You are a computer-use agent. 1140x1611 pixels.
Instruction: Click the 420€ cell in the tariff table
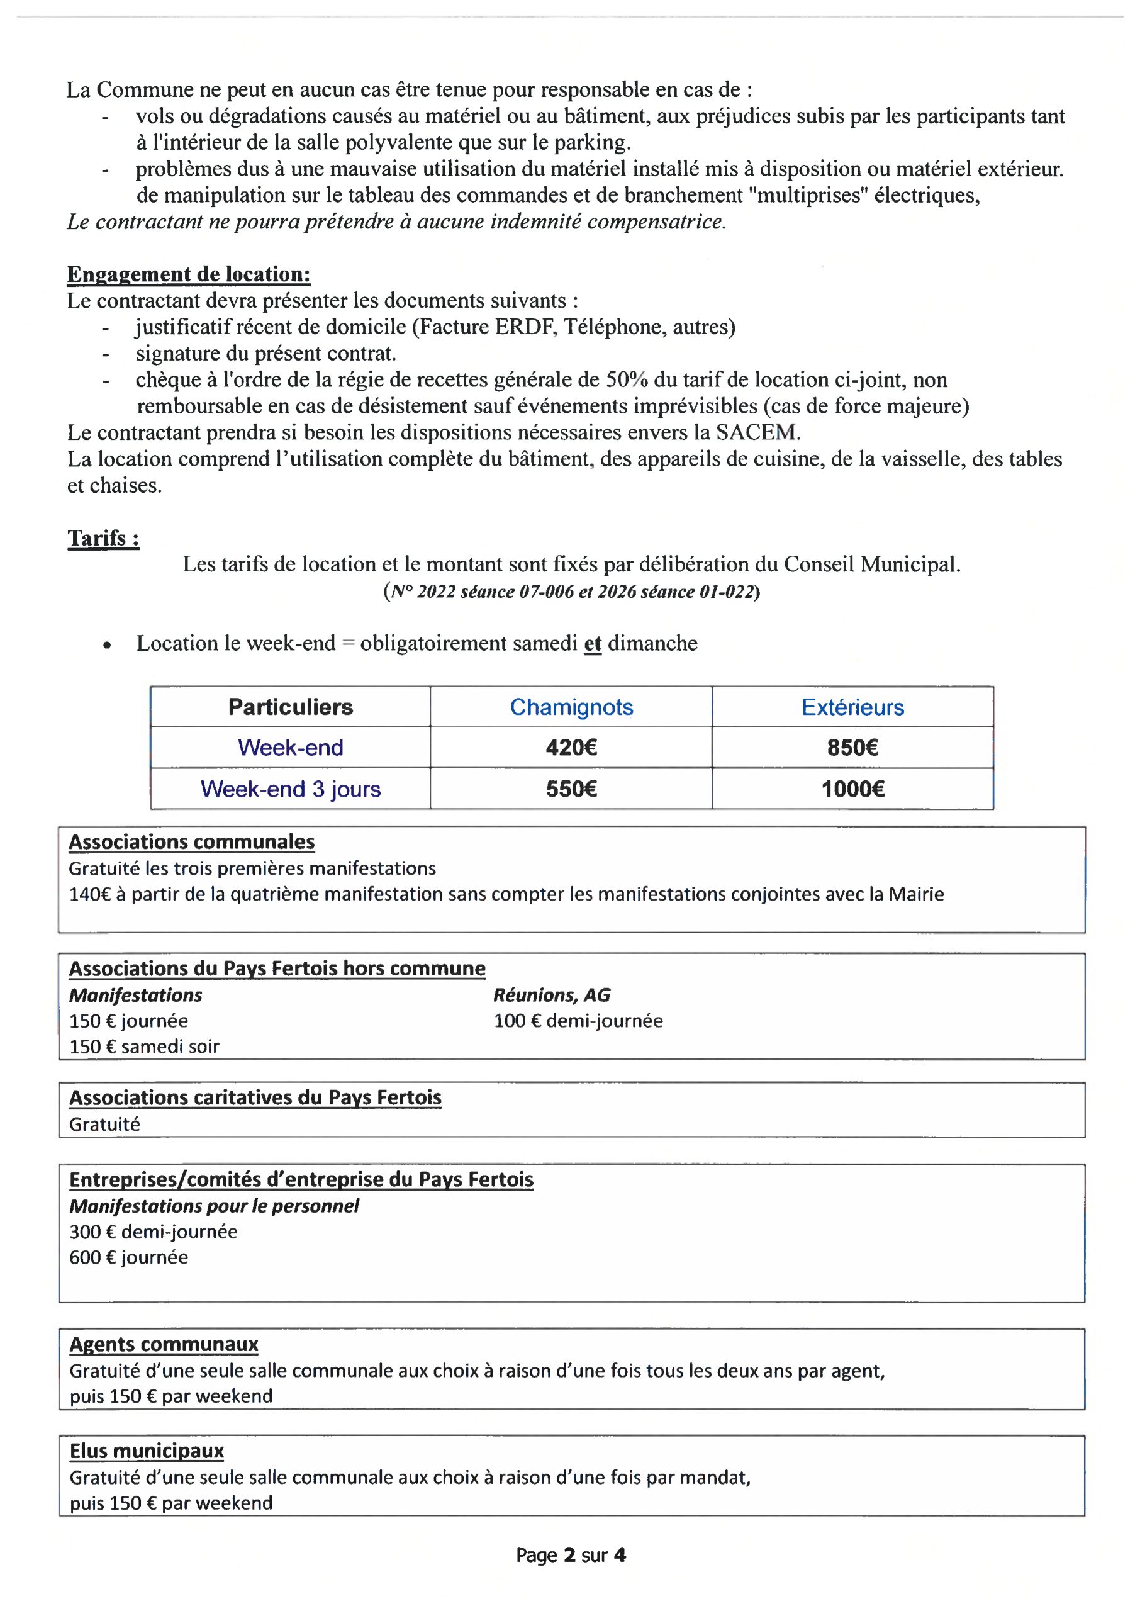(571, 747)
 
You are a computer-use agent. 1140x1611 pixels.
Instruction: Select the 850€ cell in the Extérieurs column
(852, 747)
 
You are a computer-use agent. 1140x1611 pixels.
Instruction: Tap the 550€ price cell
(571, 789)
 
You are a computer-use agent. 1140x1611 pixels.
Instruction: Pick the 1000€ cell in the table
(852, 789)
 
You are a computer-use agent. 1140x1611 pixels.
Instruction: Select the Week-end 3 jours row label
(290, 789)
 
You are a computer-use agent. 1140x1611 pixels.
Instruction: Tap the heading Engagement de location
(188, 274)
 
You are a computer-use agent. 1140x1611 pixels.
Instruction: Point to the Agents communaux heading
(164, 1344)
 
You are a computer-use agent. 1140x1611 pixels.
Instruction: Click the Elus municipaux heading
(146, 1451)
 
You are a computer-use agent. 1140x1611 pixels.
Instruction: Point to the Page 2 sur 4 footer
(570, 1555)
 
